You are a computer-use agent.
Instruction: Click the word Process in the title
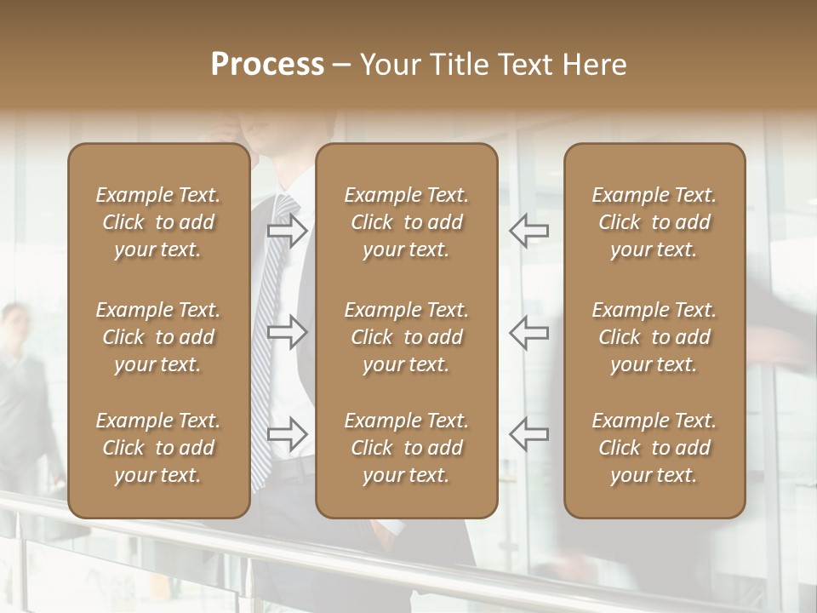coord(267,65)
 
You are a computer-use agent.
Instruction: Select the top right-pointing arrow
coord(287,230)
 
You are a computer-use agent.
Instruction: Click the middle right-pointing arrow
coord(287,332)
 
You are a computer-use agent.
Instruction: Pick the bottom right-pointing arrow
coord(287,434)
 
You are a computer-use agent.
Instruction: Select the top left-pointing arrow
coord(529,230)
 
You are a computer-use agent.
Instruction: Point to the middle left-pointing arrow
coord(529,332)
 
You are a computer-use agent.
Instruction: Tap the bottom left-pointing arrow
coord(529,434)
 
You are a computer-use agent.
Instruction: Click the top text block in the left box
coord(158,222)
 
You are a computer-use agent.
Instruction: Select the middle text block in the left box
coord(158,337)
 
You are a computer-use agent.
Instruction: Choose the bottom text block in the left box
coord(158,448)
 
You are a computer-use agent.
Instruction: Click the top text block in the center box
coord(406,222)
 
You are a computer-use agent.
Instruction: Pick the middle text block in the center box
coord(406,337)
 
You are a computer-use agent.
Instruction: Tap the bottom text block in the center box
coord(406,448)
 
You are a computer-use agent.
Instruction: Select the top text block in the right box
coord(654,222)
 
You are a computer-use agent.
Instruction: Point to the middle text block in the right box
coord(654,337)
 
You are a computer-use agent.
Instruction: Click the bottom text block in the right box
coord(654,448)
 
